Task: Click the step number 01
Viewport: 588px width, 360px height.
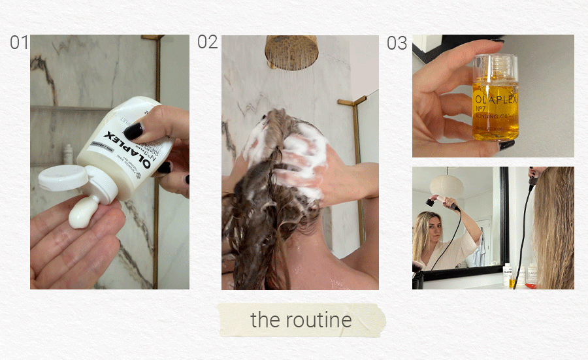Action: [19, 43]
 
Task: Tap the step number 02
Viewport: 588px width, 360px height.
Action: [207, 42]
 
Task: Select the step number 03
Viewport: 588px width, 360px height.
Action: [397, 44]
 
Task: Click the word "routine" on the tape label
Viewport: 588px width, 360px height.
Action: [319, 320]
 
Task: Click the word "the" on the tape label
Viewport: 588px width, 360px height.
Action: [265, 320]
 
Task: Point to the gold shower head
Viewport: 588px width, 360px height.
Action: [291, 51]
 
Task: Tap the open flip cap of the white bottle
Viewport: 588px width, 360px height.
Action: [63, 178]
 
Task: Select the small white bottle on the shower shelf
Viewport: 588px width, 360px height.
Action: [68, 155]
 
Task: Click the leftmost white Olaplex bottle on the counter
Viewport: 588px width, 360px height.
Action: [507, 274]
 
